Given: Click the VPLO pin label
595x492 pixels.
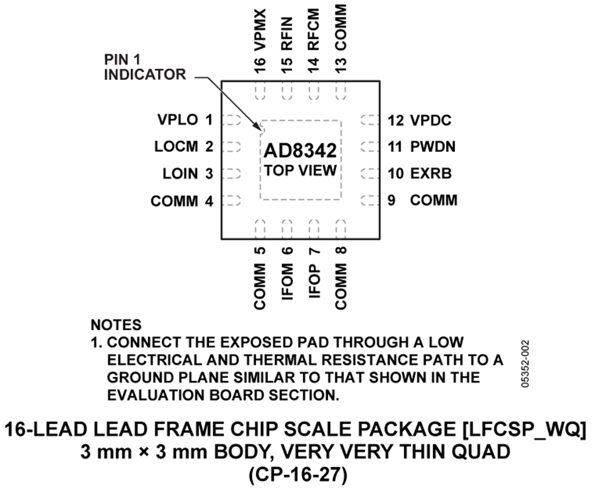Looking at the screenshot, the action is point(178,120).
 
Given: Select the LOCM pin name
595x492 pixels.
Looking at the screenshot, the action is point(176,147).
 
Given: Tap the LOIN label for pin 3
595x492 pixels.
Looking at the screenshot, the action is point(180,174).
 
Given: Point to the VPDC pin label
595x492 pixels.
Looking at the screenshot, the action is point(430,121).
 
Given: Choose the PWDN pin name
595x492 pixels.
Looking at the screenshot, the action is point(433,147).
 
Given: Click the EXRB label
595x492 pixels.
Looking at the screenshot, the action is point(431,173).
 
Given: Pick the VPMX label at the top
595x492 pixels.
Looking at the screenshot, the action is point(260,30).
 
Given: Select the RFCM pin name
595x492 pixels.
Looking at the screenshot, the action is point(314,30).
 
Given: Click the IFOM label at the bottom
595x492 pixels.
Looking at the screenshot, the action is point(288,281).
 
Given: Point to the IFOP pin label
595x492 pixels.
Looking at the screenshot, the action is point(314,281).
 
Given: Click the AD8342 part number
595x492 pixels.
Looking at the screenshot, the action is point(299,151).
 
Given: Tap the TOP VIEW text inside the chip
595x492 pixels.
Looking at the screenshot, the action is point(301,170).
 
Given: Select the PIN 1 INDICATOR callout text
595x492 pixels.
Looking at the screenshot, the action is point(145,67).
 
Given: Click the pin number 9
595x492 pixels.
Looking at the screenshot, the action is point(391,200).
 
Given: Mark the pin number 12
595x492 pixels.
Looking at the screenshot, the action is point(395,121).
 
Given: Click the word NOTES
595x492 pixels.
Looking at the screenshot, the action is point(116,325).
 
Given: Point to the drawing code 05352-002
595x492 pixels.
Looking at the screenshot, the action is point(525,364).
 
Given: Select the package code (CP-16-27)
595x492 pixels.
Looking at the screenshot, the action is point(298,475).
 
